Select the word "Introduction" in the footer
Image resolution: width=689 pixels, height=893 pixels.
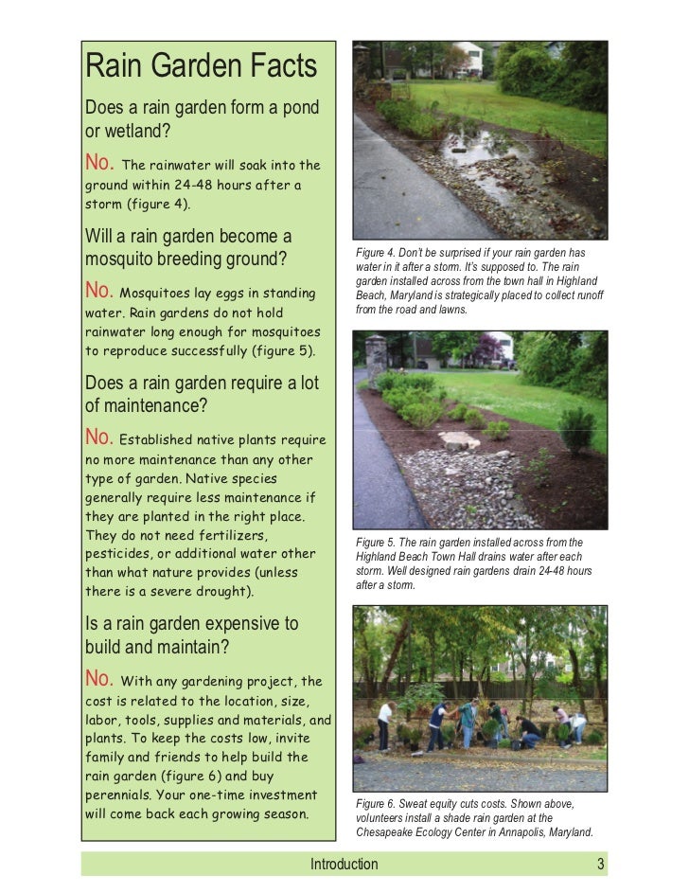click(x=344, y=864)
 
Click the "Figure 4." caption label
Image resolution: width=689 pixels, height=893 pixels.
click(x=376, y=253)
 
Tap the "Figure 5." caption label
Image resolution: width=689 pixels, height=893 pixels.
click(x=376, y=541)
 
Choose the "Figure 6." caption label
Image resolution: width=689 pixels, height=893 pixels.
click(x=376, y=804)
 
